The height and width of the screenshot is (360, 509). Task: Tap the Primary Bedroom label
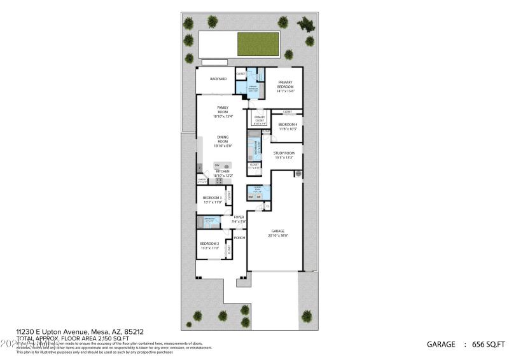(284, 85)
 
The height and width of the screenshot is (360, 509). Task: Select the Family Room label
(222, 109)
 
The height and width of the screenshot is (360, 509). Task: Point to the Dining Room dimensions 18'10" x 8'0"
(223, 146)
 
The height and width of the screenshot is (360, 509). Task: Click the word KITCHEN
(222, 171)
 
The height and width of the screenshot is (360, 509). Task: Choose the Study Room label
(284, 153)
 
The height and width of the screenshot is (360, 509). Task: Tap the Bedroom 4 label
(288, 124)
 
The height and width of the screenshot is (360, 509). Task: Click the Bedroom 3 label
(212, 198)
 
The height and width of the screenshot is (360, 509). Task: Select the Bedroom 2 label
(209, 244)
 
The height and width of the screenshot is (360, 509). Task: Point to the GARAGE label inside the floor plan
(277, 231)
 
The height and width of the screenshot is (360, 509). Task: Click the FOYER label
(239, 217)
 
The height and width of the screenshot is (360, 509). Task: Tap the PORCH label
(239, 238)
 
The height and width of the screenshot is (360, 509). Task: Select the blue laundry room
(259, 191)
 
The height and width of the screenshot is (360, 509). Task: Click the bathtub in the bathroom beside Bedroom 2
(202, 222)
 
